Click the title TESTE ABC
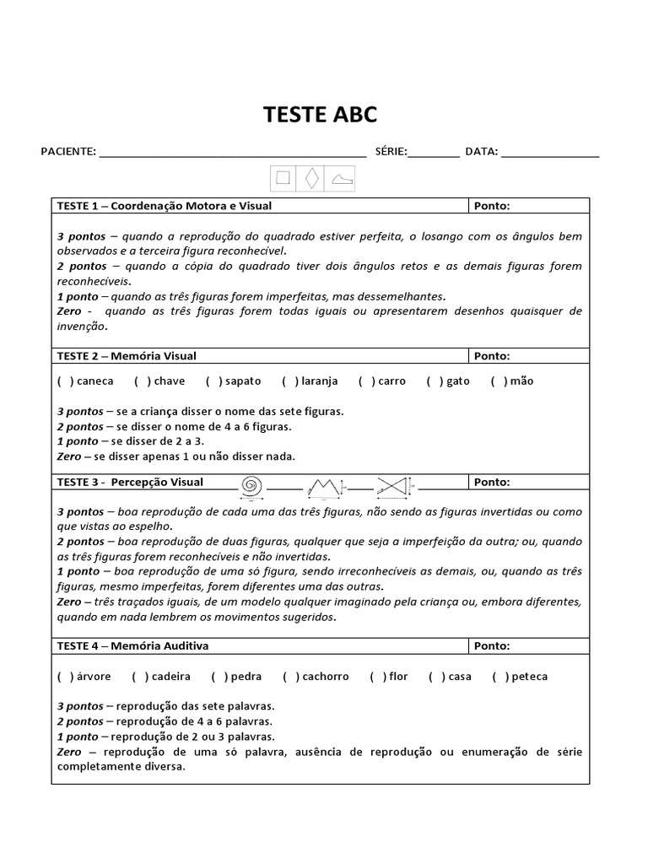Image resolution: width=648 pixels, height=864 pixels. (321, 115)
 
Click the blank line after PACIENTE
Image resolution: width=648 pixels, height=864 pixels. (232, 154)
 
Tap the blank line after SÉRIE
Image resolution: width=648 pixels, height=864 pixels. (434, 154)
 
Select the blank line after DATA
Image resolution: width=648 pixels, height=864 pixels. (550, 154)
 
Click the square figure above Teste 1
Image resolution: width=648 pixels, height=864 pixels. (283, 178)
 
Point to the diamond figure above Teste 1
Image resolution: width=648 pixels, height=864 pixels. (312, 178)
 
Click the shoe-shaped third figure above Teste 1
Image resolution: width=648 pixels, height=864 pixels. (341, 179)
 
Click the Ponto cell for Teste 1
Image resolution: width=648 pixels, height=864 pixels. (529, 206)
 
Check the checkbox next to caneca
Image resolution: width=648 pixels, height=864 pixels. (64, 381)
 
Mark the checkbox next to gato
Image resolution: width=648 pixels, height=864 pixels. (435, 381)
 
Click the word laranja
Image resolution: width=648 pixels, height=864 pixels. (319, 381)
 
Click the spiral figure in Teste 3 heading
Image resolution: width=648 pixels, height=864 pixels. (251, 486)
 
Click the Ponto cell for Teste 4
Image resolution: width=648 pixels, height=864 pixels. (529, 646)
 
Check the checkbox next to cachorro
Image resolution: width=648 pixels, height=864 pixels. (289, 677)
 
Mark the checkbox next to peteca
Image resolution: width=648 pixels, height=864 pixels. (500, 677)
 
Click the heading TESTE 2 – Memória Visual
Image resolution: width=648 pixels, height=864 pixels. (127, 356)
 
